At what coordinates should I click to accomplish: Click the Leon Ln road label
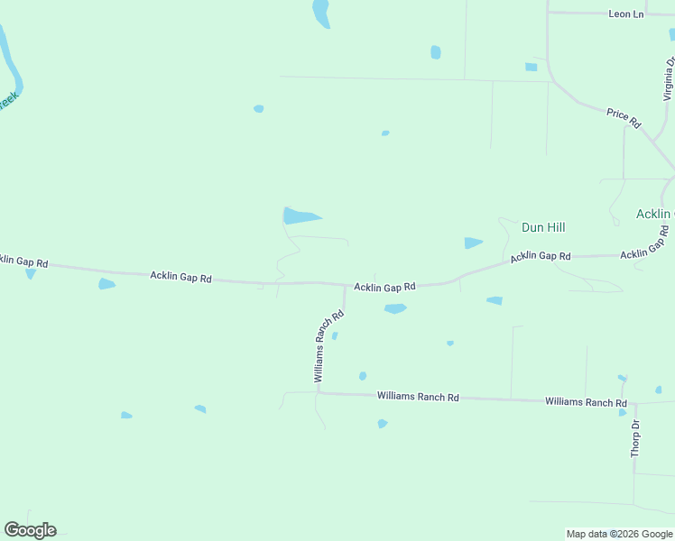click(x=626, y=14)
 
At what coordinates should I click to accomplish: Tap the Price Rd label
click(x=623, y=118)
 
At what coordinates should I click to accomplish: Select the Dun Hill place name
click(x=543, y=227)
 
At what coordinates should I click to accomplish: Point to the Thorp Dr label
click(x=635, y=438)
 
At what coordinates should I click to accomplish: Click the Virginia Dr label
click(x=669, y=78)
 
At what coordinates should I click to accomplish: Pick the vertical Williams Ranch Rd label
click(x=329, y=346)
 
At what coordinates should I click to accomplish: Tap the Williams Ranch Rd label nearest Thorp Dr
click(x=586, y=402)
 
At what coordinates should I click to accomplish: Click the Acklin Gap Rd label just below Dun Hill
click(x=541, y=257)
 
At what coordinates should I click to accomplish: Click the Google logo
click(x=30, y=530)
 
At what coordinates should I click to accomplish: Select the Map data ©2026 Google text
click(x=618, y=534)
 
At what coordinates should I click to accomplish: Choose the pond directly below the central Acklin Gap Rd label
click(x=394, y=308)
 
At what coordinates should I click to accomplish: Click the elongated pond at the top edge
click(x=320, y=13)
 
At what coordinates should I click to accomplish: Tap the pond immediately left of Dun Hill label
click(x=472, y=243)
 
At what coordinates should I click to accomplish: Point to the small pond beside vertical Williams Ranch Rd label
click(x=335, y=336)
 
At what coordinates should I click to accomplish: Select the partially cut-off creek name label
click(x=7, y=101)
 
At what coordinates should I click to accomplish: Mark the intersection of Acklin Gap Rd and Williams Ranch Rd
click(x=345, y=286)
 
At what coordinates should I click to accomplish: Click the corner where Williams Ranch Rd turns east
click(x=318, y=392)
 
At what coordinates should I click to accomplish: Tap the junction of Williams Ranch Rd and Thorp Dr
click(x=635, y=403)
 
